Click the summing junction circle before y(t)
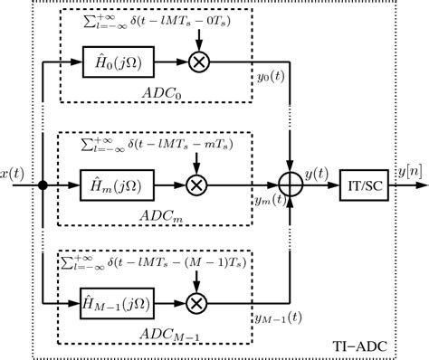(x=290, y=185)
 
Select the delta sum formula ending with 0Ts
(x=156, y=22)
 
